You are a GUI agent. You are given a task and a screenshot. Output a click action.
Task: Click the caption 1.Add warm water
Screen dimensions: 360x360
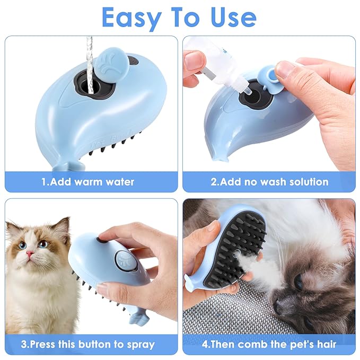click(88, 182)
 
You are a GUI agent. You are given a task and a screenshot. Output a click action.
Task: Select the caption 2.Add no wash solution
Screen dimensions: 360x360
click(269, 182)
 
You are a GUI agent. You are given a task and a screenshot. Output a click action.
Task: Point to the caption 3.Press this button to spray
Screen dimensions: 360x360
click(88, 344)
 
